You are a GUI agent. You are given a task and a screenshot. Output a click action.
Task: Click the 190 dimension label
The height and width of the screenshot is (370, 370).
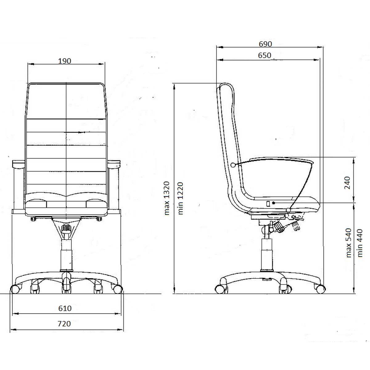tap(64, 61)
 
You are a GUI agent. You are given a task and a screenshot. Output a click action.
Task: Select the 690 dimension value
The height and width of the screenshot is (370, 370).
tap(265, 44)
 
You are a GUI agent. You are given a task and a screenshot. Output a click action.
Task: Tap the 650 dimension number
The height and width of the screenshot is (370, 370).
tap(264, 55)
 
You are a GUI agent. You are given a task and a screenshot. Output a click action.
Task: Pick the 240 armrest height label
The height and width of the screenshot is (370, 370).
tap(347, 183)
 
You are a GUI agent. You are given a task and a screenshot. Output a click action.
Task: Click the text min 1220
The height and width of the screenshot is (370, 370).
tap(180, 199)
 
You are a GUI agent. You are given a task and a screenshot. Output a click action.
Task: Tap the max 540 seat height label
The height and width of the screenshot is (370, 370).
tap(348, 243)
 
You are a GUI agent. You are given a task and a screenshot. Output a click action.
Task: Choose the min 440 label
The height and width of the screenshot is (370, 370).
tap(360, 243)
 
